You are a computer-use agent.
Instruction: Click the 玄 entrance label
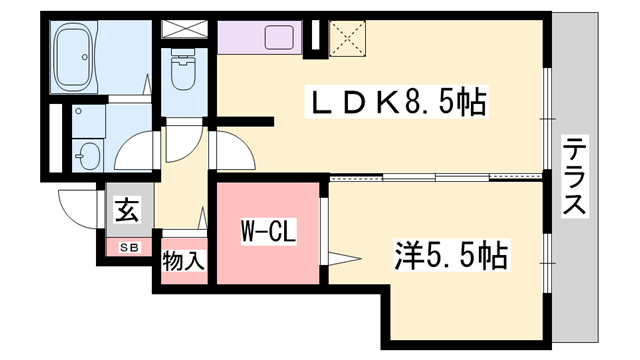[x=127, y=210]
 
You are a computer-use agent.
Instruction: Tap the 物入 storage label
[x=184, y=262]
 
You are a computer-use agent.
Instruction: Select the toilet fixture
[x=183, y=70]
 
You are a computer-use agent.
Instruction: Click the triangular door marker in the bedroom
[x=344, y=261]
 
